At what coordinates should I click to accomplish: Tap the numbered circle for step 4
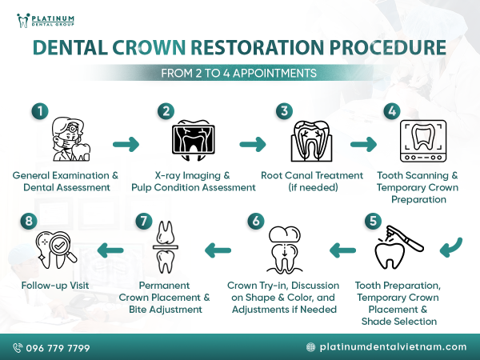[391, 111]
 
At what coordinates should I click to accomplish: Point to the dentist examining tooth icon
[67, 141]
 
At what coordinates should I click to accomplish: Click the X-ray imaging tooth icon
[194, 142]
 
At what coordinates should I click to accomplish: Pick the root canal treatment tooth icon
[310, 142]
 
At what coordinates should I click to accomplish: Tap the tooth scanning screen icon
[423, 142]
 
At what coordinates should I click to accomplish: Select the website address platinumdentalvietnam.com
[393, 347]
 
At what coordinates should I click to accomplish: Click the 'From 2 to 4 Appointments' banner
[239, 73]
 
